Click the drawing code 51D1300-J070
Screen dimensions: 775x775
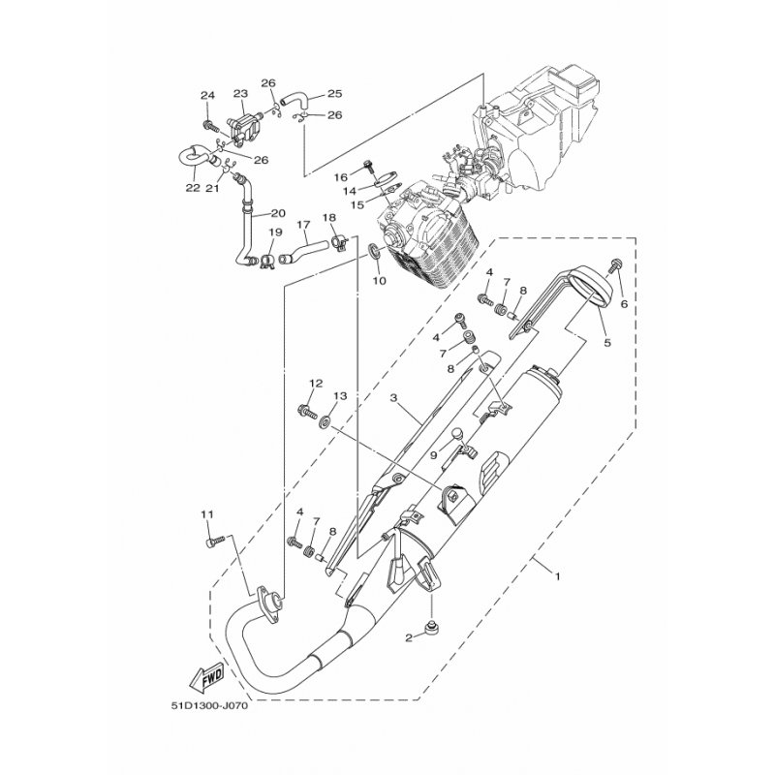pyautogui.click(x=209, y=706)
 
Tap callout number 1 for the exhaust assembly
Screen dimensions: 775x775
pyautogui.click(x=558, y=576)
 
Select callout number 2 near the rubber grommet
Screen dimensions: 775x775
pyautogui.click(x=409, y=638)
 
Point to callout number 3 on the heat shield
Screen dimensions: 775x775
pyautogui.click(x=394, y=398)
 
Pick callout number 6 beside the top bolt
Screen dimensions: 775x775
pyautogui.click(x=624, y=304)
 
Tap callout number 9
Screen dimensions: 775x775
pyautogui.click(x=433, y=455)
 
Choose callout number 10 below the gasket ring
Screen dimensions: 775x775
pyautogui.click(x=379, y=281)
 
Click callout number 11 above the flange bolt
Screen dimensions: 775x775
pyautogui.click(x=207, y=514)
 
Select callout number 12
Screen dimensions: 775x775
pyautogui.click(x=316, y=383)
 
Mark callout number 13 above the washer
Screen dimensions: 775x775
pyautogui.click(x=340, y=396)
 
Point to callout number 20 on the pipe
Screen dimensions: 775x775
pyautogui.click(x=278, y=213)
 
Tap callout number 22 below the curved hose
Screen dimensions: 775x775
pyautogui.click(x=193, y=188)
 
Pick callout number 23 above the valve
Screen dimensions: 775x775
pyautogui.click(x=240, y=94)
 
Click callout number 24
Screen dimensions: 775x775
pyautogui.click(x=207, y=95)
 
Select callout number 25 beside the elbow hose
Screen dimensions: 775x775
pyautogui.click(x=334, y=93)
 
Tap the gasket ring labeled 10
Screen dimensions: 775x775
pyautogui.click(x=374, y=252)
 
